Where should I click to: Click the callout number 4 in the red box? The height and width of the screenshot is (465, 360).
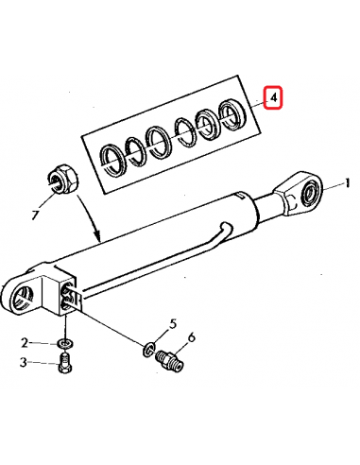[x=274, y=97]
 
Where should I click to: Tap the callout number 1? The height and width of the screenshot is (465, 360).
[x=347, y=183]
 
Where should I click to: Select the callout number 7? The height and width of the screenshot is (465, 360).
[x=35, y=215]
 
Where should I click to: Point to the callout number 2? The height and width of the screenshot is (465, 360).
[x=25, y=342]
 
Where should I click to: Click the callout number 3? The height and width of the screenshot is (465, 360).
[x=24, y=362]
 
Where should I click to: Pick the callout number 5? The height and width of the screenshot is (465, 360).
[x=173, y=324]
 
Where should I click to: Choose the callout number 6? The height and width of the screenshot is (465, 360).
[x=191, y=337]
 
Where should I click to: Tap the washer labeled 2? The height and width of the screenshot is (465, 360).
[x=65, y=343]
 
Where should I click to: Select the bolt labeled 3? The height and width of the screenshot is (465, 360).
[x=65, y=363]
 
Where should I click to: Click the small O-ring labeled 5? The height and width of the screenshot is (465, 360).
[x=148, y=350]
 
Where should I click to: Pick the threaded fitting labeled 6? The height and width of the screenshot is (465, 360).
[x=170, y=360]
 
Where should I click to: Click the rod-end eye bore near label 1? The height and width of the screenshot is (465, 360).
[x=310, y=192]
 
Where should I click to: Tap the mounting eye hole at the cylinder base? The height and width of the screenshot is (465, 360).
[x=22, y=299]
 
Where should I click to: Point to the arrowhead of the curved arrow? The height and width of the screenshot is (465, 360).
[x=97, y=236]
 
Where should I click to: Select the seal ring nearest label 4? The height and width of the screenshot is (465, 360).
[x=232, y=114]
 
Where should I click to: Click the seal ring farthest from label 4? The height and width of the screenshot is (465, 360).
[x=112, y=160]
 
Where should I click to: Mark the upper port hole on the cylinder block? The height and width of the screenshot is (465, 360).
[x=67, y=289]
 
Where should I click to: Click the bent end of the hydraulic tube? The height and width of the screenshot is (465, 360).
[x=226, y=228]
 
